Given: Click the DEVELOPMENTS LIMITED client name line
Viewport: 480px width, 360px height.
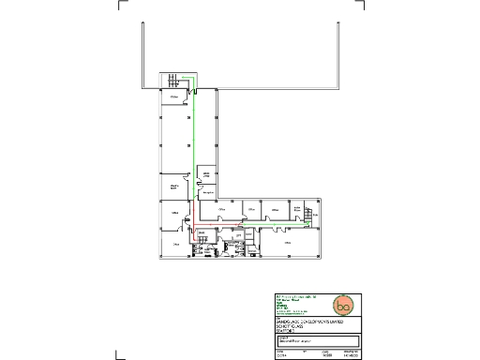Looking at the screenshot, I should (x=304, y=322).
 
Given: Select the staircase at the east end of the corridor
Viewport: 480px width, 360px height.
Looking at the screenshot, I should (x=307, y=217).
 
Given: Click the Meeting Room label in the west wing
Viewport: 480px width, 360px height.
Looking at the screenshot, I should (x=174, y=187).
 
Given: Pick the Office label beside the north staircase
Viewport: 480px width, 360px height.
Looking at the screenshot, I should (x=174, y=97).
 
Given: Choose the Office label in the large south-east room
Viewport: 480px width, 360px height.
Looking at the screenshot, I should (x=287, y=242).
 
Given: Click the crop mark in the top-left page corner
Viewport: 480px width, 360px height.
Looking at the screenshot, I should (x=121, y=5).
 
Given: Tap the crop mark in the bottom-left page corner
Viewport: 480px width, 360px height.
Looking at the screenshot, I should (x=118, y=355).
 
